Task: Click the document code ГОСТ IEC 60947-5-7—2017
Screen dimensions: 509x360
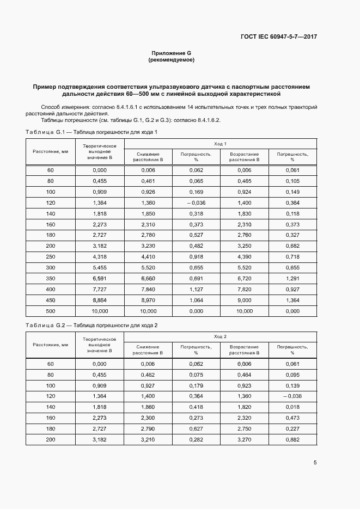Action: pos(278,37)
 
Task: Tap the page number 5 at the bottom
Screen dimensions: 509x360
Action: pos(315,463)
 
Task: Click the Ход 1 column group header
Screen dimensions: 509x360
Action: pos(220,144)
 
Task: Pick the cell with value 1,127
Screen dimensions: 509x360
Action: pos(196,288)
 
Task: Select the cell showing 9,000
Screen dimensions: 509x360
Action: pos(244,299)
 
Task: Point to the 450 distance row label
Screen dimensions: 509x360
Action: pos(51,299)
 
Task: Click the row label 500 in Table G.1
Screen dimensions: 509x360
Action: pos(51,311)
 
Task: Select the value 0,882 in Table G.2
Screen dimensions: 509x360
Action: pos(292,439)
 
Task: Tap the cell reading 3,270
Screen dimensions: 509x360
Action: pos(244,439)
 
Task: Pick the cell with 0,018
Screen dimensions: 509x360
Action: pos(292,406)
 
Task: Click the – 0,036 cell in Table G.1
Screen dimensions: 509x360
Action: pos(196,203)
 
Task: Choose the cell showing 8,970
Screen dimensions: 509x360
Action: pos(148,299)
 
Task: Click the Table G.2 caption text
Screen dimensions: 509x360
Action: pos(91,325)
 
